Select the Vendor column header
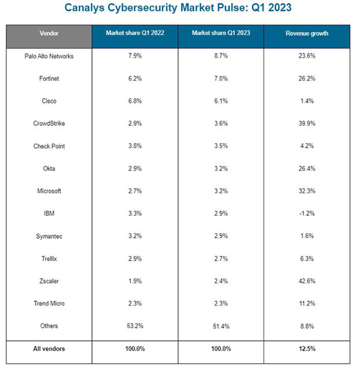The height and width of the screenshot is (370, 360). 49,33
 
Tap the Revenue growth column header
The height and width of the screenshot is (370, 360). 307,33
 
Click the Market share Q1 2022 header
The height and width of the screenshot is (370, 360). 134,33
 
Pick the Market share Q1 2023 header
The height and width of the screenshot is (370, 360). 220,33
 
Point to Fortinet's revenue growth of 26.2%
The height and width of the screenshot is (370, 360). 307,79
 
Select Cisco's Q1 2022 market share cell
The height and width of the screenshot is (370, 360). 134,101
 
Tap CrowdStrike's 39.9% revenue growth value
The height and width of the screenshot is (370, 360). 307,124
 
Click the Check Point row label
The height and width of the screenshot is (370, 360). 49,146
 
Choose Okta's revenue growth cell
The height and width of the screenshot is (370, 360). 307,169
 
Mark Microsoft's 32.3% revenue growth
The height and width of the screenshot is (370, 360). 307,191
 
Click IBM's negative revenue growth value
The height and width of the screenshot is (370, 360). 307,214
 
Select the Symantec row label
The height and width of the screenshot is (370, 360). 49,236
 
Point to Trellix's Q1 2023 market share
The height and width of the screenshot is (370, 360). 220,259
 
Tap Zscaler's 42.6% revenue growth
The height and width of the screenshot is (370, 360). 307,281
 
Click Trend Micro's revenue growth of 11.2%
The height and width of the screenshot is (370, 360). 307,304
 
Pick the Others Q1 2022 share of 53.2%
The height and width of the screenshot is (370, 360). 134,326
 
